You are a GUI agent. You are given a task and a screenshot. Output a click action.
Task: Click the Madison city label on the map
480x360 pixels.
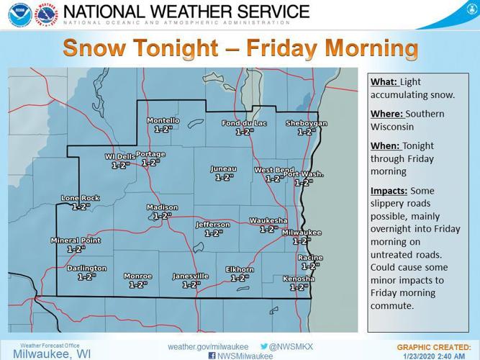(x=162, y=207)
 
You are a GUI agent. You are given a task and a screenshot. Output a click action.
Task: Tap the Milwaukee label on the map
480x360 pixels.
(x=301, y=233)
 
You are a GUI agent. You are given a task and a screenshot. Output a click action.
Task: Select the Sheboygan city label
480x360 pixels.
(x=306, y=123)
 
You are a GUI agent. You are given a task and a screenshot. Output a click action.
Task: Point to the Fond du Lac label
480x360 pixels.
(x=245, y=123)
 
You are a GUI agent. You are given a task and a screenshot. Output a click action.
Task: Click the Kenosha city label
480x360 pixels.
(x=299, y=279)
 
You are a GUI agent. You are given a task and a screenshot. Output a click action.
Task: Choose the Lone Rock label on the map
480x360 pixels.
(x=80, y=198)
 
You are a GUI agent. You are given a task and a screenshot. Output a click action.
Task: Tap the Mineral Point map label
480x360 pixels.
(x=76, y=240)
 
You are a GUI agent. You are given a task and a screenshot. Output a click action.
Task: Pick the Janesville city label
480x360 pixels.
(x=191, y=276)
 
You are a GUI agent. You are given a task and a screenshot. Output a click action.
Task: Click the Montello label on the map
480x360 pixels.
(x=163, y=120)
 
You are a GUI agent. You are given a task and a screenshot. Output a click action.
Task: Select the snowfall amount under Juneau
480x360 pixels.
(x=224, y=177)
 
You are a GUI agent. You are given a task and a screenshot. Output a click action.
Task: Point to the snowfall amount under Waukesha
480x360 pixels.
(x=268, y=229)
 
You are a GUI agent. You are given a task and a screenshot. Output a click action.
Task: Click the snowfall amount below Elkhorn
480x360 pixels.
(x=240, y=278)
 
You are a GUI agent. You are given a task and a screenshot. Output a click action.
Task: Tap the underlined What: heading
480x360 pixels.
(x=384, y=82)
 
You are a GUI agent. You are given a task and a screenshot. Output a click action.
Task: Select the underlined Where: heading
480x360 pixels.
(x=386, y=114)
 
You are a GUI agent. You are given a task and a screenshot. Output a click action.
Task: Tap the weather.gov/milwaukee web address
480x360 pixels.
(x=209, y=346)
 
